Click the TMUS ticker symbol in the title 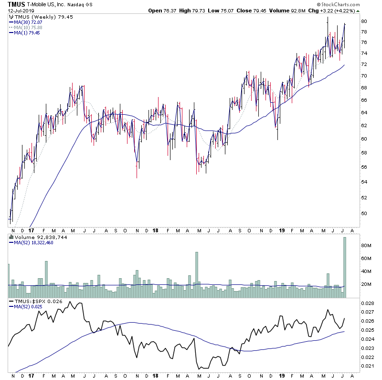click(x=16, y=4)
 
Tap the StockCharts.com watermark click(x=351, y=4)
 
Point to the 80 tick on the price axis click(x=363, y=21)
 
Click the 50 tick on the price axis click(x=363, y=213)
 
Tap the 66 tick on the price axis click(x=363, y=100)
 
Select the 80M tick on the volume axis click(x=365, y=246)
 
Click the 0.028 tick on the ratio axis click(x=368, y=304)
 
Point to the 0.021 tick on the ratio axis click(x=368, y=366)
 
